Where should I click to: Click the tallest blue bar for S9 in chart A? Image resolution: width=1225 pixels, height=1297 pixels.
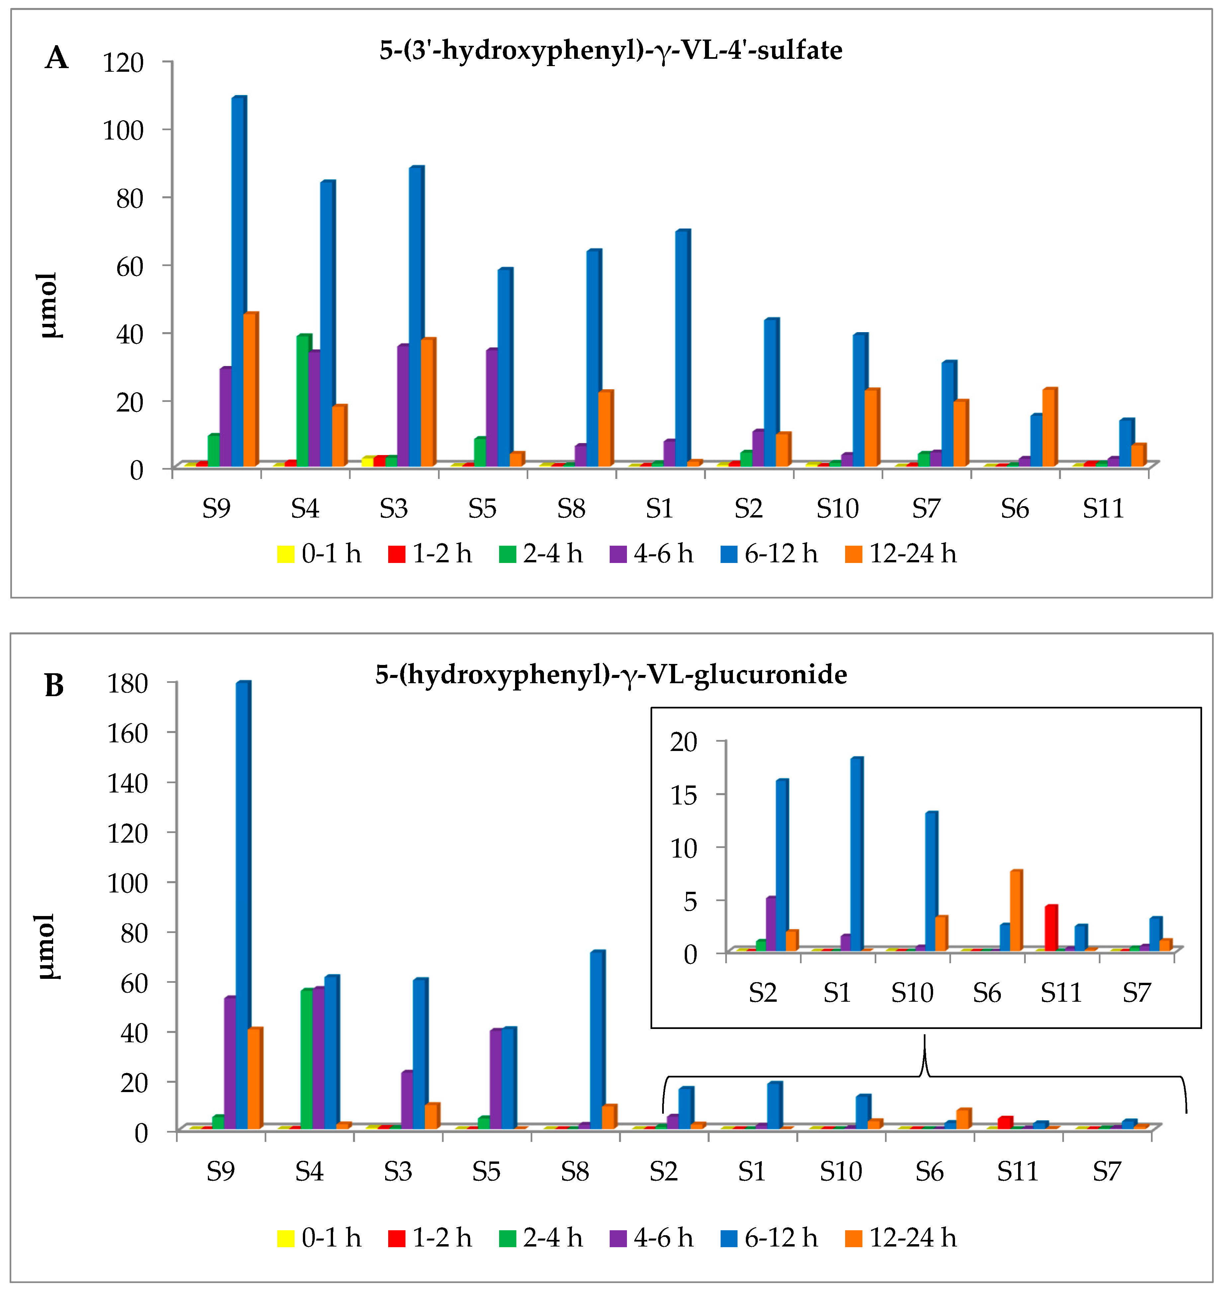238,281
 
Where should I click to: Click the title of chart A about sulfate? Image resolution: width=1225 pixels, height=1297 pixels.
611,50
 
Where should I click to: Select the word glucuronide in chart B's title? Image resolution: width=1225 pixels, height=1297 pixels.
770,674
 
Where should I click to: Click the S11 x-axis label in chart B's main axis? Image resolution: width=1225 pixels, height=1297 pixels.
1017,1171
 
